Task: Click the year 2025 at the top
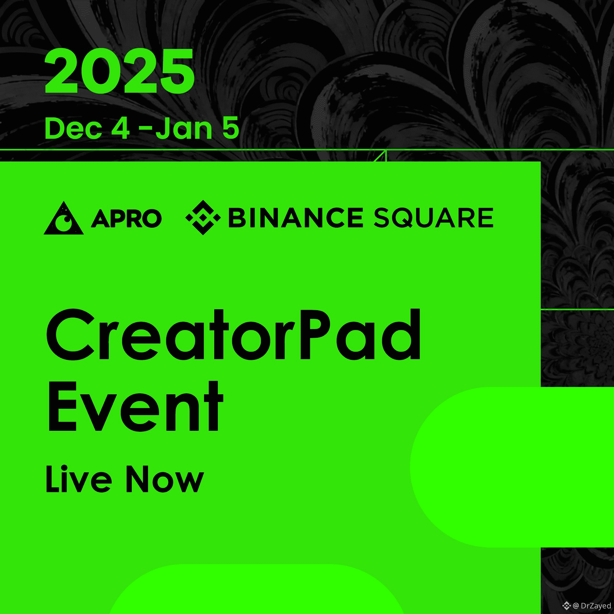(120, 71)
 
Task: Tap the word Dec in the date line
(73, 129)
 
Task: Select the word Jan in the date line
(184, 129)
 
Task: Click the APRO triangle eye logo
(64, 218)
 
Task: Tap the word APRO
(126, 218)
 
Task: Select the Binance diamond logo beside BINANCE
(203, 217)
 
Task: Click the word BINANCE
(296, 218)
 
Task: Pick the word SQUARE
(434, 218)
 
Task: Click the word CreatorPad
(233, 335)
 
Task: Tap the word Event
(135, 406)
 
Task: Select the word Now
(165, 479)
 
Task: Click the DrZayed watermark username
(596, 606)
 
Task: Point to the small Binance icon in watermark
(567, 606)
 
